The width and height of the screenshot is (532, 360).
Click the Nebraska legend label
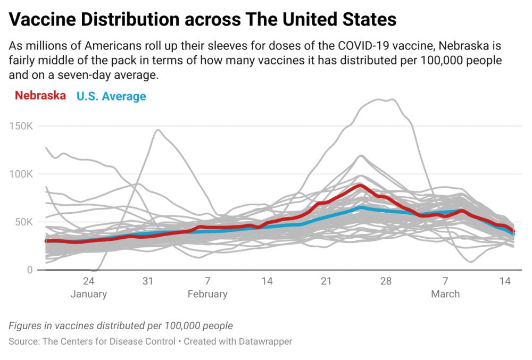(40, 96)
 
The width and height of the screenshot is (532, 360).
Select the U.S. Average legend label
(111, 96)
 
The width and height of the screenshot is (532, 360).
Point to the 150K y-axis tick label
(21, 126)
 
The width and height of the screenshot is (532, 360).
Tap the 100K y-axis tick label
(21, 174)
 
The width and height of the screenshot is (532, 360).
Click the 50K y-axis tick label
(24, 222)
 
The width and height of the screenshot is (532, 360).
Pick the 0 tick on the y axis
(30, 270)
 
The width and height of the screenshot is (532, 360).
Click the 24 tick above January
(88, 281)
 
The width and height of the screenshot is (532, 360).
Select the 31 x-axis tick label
(148, 281)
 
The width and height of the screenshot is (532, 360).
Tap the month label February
(207, 294)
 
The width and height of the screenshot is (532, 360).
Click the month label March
(445, 294)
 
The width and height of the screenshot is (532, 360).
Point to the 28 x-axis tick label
(386, 281)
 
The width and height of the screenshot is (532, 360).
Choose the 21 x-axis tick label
(326, 281)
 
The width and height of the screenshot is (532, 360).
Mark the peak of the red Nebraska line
(360, 186)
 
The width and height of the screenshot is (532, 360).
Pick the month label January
(88, 294)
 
